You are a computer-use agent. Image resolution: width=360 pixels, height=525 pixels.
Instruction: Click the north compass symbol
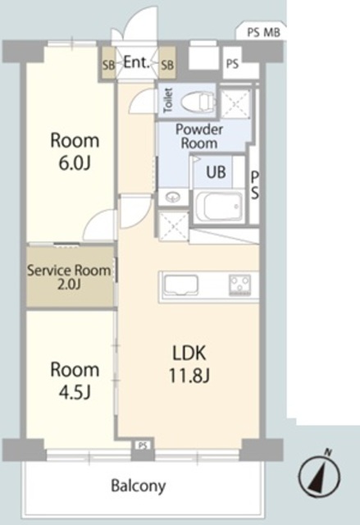coord(319,474)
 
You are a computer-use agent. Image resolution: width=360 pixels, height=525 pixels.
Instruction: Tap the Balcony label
coord(139,486)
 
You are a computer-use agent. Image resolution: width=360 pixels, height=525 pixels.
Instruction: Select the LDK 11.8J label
coord(189,364)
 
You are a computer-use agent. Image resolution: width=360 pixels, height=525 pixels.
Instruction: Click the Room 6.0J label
coord(75,151)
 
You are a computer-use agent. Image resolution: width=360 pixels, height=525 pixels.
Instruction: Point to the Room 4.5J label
coord(75,381)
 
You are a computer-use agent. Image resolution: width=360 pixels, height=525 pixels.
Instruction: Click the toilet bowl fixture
coord(198,100)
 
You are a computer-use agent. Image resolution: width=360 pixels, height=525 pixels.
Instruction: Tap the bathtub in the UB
coord(219,205)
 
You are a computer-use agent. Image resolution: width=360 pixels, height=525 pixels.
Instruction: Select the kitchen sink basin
coord(180,285)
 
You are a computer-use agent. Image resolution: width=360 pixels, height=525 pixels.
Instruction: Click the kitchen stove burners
coord(239,285)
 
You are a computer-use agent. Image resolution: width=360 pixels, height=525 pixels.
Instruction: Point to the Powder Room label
coord(199,136)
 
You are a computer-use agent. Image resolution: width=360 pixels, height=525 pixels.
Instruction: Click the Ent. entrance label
coord(136,62)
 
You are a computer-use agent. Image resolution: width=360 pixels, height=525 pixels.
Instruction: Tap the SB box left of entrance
coord(108,64)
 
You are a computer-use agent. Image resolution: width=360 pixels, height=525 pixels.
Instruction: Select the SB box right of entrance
coord(167,64)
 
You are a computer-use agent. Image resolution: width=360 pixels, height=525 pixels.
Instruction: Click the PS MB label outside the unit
coord(263,33)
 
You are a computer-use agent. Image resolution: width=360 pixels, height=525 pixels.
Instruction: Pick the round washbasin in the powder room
coord(173,197)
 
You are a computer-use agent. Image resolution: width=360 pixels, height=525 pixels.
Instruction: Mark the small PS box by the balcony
coord(143,445)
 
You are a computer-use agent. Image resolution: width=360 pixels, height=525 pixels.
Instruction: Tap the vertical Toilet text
coord(168,100)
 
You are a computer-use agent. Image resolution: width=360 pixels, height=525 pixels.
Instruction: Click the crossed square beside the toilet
coord(235,104)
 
